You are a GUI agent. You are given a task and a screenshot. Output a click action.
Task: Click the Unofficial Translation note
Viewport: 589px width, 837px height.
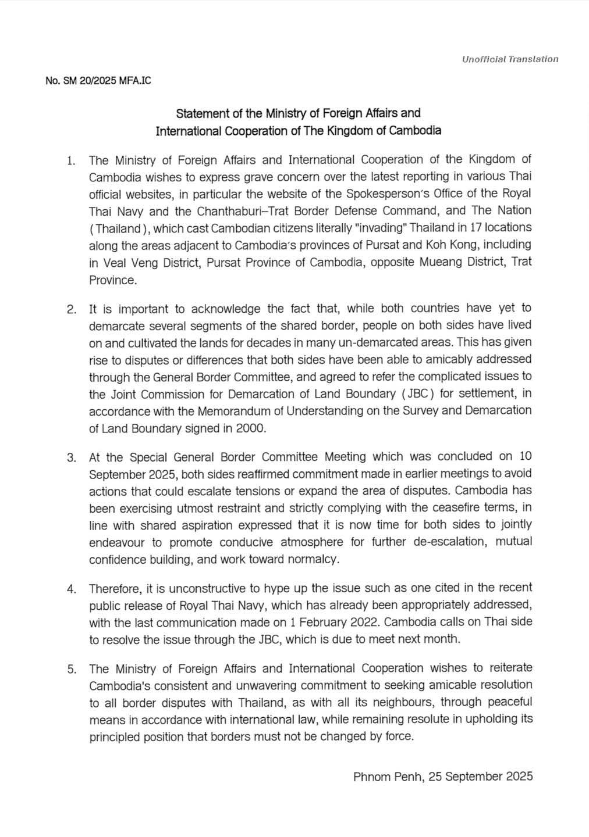510,59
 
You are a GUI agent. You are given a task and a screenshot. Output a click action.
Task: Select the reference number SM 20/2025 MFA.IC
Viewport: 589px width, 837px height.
98,81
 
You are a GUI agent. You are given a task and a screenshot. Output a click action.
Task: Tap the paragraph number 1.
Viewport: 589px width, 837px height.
71,160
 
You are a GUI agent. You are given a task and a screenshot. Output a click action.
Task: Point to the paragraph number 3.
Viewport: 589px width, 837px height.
71,457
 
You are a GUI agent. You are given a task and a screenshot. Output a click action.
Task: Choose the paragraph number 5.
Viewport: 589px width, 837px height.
71,669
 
